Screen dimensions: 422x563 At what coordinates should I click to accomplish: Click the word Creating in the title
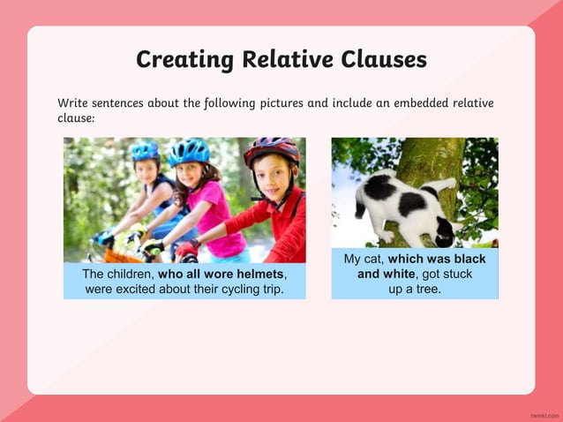point(179,59)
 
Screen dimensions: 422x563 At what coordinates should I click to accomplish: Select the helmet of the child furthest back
point(146,152)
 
